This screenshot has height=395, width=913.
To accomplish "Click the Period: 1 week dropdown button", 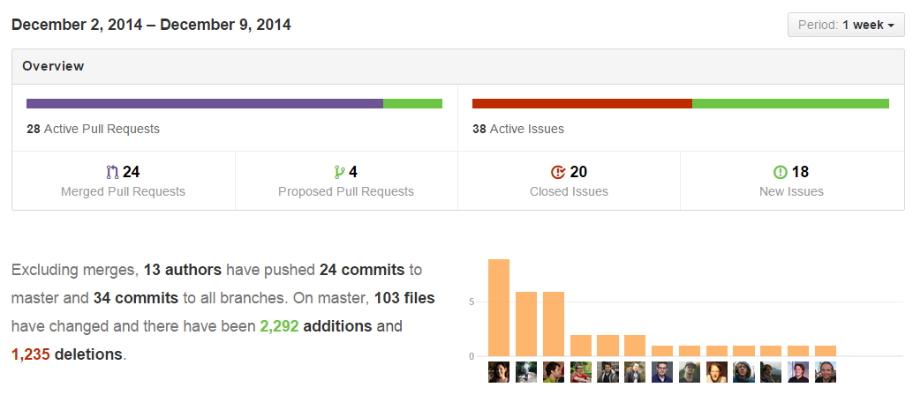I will coord(846,25).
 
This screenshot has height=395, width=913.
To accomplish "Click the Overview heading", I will coord(53,66).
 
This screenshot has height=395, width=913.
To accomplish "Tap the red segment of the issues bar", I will coord(582,103).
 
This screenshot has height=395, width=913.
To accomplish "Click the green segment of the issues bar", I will coord(790,103).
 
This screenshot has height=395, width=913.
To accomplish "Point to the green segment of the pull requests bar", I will coord(412,103).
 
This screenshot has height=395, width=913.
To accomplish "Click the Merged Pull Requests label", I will coord(123,191).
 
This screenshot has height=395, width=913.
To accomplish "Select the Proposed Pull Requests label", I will coord(345,191).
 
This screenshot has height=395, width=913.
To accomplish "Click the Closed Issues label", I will coord(569,191).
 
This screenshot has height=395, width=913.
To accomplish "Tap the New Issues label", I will coord(791,191).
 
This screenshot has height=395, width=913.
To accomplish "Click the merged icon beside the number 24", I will coord(111,172).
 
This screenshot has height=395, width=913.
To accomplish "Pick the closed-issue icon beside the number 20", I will coord(557,172).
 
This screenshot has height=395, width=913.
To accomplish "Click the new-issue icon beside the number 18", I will coord(780,172).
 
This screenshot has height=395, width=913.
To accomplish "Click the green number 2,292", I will coord(279,326).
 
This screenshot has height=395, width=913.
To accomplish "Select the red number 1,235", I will coord(31,354).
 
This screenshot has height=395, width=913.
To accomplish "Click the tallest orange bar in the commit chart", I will coord(499,308).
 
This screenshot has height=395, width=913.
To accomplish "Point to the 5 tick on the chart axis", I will coord(472,302).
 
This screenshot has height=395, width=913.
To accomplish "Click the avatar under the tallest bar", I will coord(499,372).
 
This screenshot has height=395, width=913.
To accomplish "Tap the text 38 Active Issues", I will coord(517,129).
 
